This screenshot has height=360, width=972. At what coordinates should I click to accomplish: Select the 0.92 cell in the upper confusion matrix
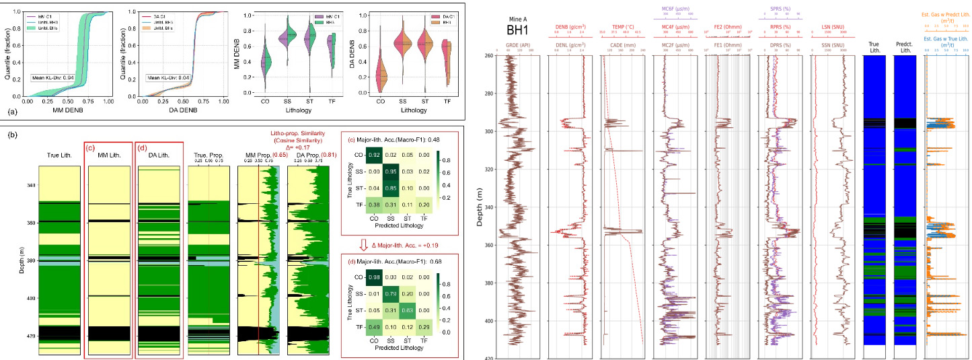[x=379, y=156]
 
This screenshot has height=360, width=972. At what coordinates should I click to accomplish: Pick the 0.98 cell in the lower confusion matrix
[x=379, y=277]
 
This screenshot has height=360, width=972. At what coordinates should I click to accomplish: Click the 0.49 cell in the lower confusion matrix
[x=379, y=326]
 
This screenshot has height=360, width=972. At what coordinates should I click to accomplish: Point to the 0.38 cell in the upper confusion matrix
[x=379, y=205]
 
